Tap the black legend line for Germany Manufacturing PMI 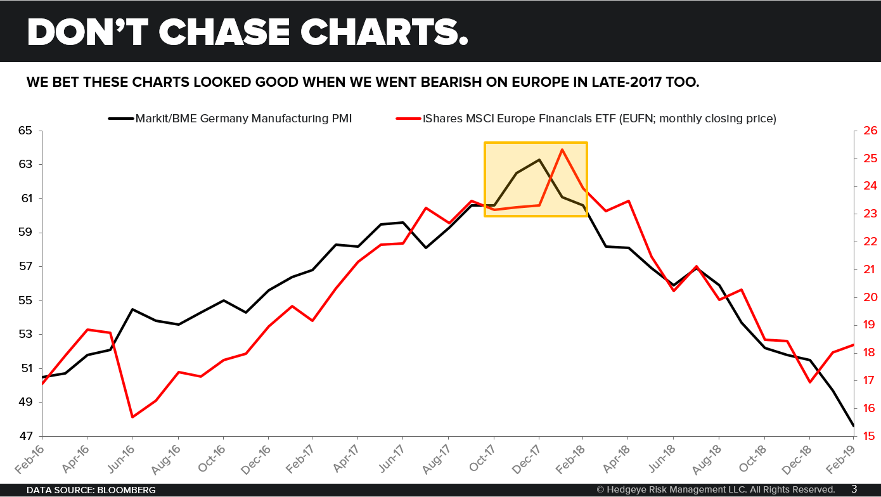[x=120, y=118]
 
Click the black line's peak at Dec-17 [x=539, y=160]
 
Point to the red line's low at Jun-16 [x=132, y=417]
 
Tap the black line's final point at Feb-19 [x=853, y=425]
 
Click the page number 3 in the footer [x=854, y=489]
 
